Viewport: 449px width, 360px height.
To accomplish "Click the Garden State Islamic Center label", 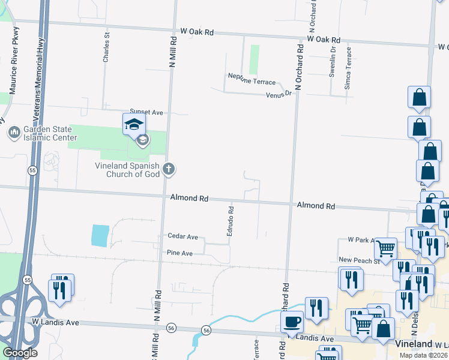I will (x=50, y=133).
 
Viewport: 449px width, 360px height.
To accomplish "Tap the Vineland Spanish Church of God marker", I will (x=169, y=169).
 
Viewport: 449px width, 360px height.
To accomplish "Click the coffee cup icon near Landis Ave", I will (x=292, y=322).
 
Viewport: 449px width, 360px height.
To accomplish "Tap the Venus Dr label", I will (x=279, y=93).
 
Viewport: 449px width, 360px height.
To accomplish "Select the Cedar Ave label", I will (x=183, y=237).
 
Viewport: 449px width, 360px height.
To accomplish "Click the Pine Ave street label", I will (x=179, y=254).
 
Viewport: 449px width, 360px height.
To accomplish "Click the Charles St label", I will (x=106, y=48).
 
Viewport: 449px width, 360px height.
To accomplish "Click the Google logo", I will (x=20, y=353).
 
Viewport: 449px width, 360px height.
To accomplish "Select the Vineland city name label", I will (x=414, y=344).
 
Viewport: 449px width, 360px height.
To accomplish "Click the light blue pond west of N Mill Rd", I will (x=100, y=236).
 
